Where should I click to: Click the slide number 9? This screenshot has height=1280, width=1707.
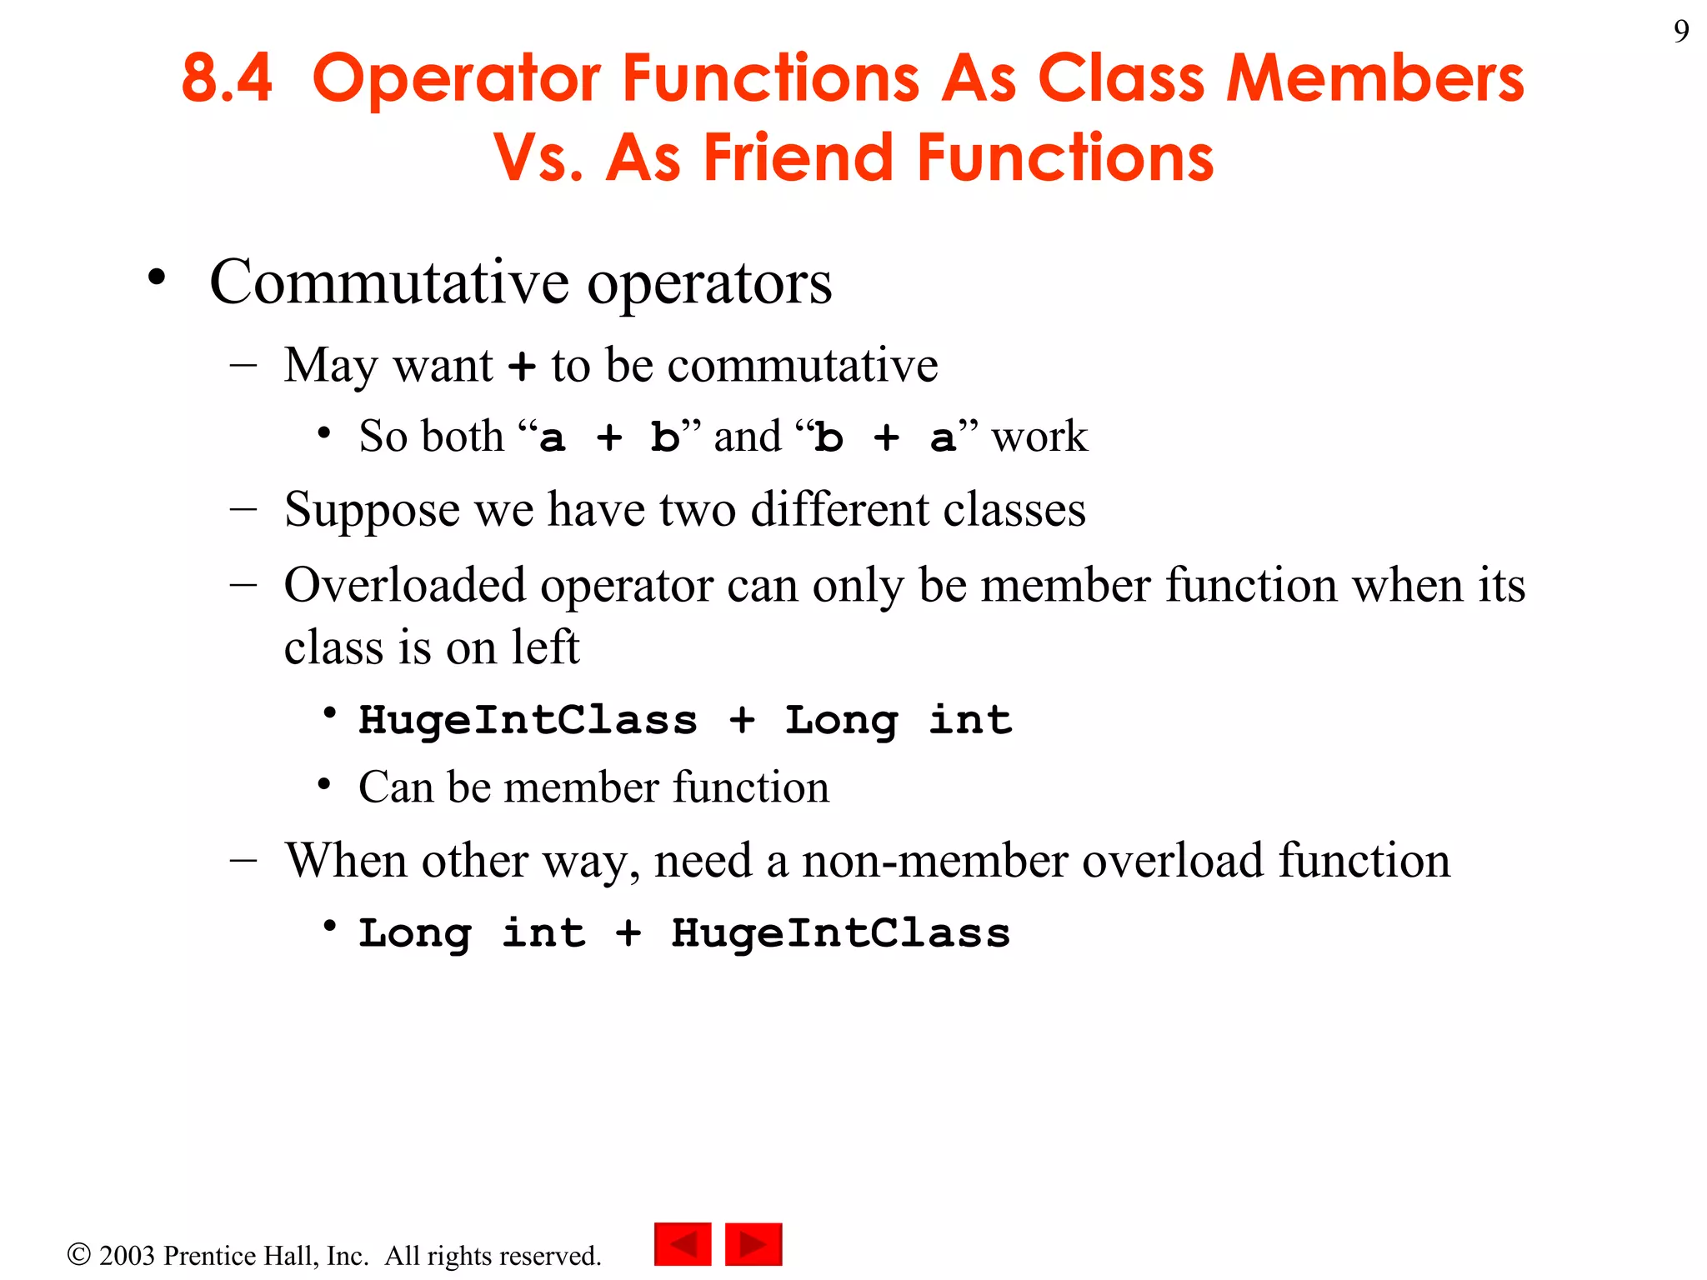(x=1680, y=32)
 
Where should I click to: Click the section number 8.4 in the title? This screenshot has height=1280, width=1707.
(x=227, y=78)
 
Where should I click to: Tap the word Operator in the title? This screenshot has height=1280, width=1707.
(x=456, y=78)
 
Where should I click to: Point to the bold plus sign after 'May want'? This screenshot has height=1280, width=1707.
(x=522, y=367)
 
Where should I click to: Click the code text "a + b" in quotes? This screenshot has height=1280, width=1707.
(x=608, y=437)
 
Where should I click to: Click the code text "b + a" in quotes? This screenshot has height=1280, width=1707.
(x=885, y=437)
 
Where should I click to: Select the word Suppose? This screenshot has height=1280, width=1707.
(x=371, y=510)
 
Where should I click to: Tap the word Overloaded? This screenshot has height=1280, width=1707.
(x=405, y=585)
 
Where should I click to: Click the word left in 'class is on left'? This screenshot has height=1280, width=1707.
(x=545, y=647)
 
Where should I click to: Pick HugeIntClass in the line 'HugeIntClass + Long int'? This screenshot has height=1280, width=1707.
(x=528, y=720)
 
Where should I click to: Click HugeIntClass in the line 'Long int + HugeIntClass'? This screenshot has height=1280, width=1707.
(x=840, y=933)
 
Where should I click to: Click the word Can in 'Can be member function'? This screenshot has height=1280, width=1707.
(x=395, y=787)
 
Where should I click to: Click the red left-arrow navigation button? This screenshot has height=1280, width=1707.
(x=683, y=1244)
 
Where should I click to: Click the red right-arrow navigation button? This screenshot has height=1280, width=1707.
(x=753, y=1244)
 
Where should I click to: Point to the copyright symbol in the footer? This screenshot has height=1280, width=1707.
(x=78, y=1254)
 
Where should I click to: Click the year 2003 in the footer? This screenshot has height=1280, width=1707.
(x=128, y=1256)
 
